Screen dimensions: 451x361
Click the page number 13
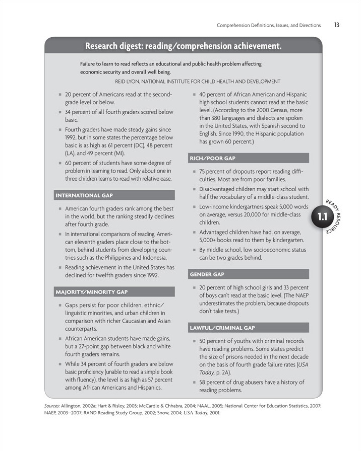(x=336, y=25)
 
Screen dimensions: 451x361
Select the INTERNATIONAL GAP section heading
(x=84, y=195)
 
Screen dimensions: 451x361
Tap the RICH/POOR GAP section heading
(x=212, y=159)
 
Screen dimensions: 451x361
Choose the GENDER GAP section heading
(x=207, y=274)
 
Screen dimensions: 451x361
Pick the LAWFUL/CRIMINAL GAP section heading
(x=222, y=328)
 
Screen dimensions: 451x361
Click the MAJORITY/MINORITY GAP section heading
(x=92, y=292)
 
